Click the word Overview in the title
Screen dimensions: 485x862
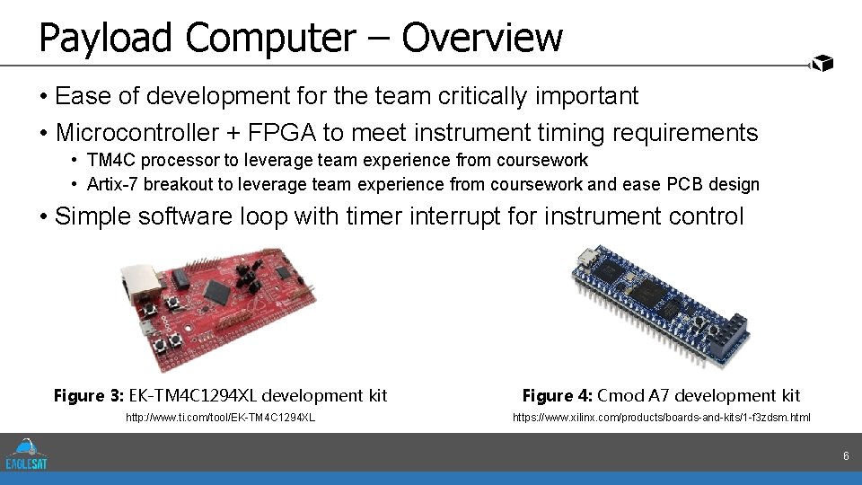coord(482,38)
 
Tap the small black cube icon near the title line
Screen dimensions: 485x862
coord(822,62)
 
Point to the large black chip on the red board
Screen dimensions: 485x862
coord(217,290)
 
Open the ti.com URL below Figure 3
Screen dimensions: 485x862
coord(221,418)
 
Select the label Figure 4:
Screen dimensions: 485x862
coord(557,395)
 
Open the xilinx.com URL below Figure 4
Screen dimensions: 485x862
coord(661,418)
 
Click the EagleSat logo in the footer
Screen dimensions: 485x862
coord(26,453)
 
